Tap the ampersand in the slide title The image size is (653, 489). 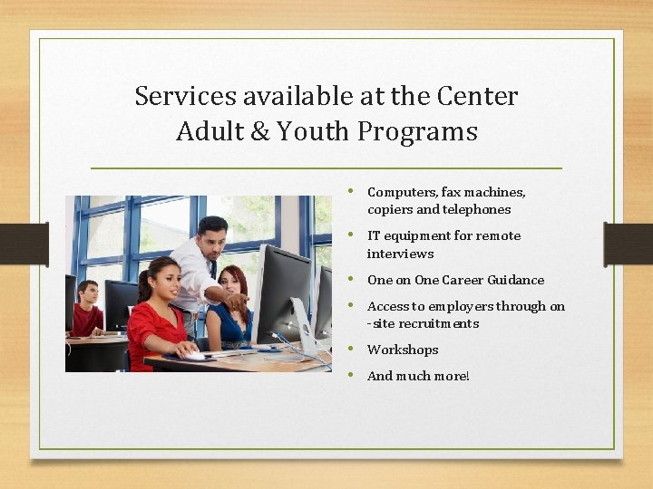tap(259, 132)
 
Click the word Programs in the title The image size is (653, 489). tap(417, 132)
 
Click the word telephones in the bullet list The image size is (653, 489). tap(476, 209)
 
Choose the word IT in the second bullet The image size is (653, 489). tap(373, 235)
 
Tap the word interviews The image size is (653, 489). tap(400, 254)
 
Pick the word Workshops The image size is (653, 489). tap(403, 350)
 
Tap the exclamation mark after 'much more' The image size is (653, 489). tap(467, 376)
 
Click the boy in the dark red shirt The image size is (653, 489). tap(87, 312)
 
